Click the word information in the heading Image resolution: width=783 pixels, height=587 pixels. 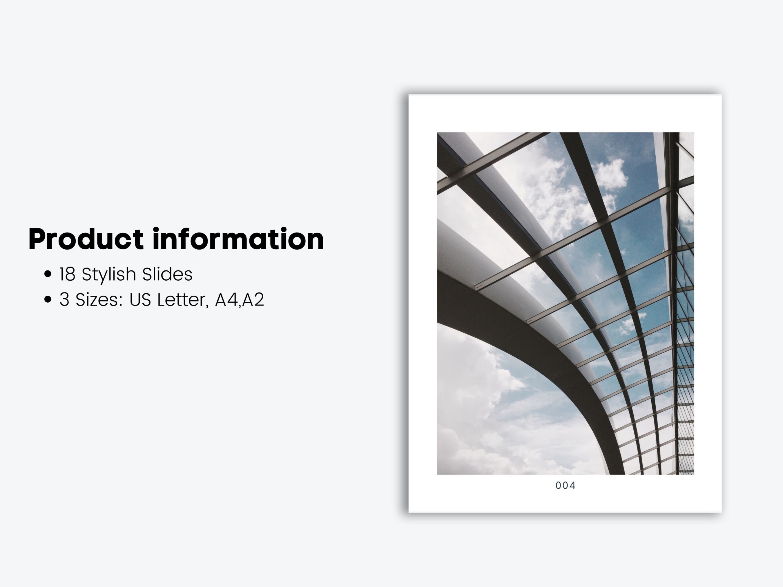coord(238,239)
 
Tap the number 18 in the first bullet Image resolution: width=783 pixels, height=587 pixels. coord(67,274)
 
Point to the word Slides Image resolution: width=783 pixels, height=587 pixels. coord(167,274)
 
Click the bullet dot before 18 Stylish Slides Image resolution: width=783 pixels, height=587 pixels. coord(48,274)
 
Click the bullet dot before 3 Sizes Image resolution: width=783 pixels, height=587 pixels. coord(48,299)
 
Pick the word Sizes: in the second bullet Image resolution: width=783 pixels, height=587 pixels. coord(99,300)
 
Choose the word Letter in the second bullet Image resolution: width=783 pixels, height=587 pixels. coord(180,300)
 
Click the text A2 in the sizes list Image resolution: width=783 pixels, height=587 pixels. coord(253,300)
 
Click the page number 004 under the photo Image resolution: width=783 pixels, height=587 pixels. coord(565,486)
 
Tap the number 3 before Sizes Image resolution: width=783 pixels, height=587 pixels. coord(64,300)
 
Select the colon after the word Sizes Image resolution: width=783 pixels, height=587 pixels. coord(121,300)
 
